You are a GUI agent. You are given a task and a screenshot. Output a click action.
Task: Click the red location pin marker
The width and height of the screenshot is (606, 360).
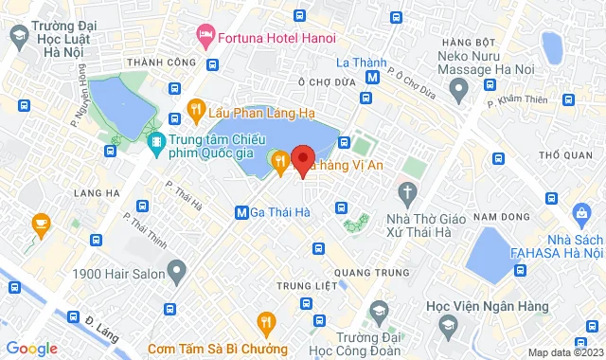click(x=303, y=159)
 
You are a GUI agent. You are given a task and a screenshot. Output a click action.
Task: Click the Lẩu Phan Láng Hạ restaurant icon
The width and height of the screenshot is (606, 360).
click(x=194, y=109)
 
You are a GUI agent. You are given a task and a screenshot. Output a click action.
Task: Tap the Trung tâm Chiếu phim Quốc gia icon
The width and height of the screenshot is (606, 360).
click(x=156, y=146)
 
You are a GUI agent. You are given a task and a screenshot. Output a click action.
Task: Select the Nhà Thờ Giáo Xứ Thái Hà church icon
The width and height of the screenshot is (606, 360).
click(x=407, y=195)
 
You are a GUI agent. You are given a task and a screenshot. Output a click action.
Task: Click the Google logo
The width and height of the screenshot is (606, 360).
click(x=31, y=348)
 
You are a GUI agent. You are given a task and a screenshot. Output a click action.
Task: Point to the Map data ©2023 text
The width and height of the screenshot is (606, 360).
click(x=562, y=352)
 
